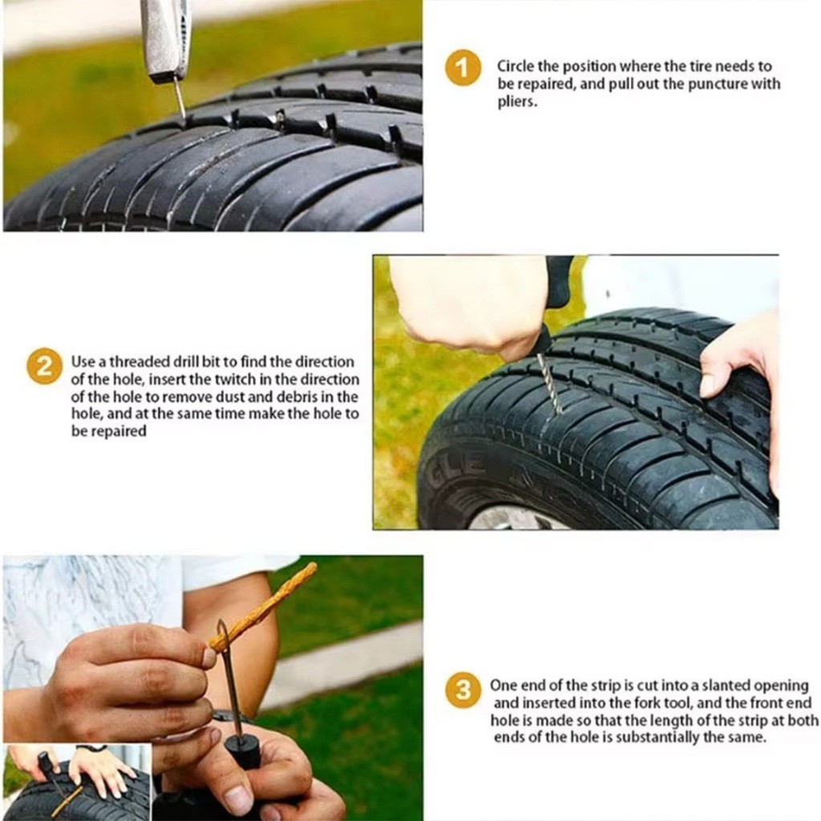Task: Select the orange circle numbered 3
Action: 463,690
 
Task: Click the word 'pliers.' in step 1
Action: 517,102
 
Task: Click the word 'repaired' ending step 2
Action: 115,431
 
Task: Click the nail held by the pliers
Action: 180,98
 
